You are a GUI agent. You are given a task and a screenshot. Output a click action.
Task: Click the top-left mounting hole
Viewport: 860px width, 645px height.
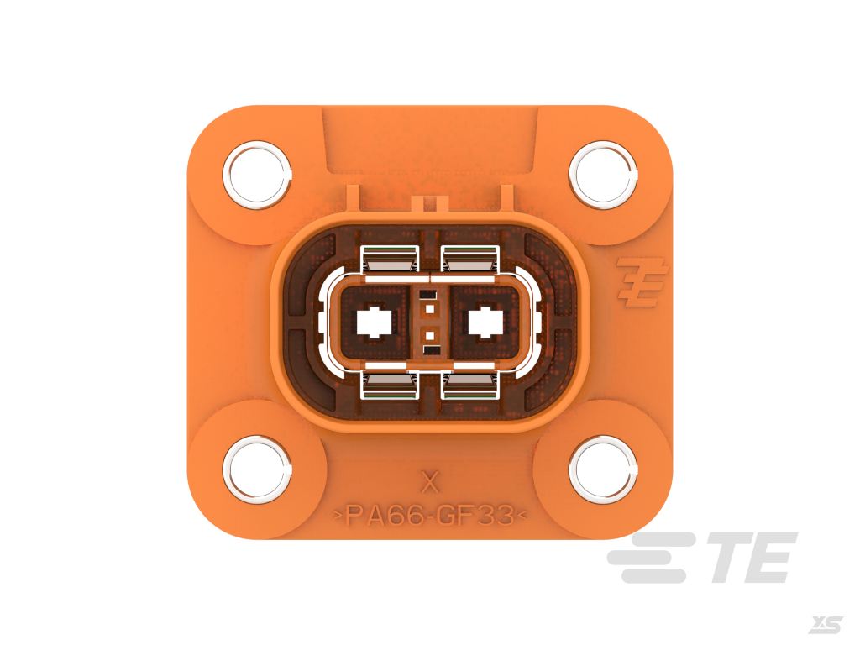coord(257,175)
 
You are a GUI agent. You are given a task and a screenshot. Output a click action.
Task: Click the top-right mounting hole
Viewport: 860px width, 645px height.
coord(603,175)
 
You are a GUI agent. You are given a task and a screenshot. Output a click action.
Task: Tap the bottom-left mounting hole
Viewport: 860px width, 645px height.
coord(257,469)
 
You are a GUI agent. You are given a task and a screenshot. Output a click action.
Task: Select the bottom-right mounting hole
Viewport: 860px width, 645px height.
coord(603,469)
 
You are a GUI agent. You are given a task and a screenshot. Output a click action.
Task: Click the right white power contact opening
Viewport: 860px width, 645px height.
coord(485,322)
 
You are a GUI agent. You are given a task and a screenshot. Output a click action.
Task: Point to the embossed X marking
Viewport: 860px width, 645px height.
coord(431,483)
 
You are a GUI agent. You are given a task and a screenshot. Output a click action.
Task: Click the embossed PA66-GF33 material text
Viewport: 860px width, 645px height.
coord(431,516)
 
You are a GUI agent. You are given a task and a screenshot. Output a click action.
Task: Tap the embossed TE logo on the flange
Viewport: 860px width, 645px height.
coord(642,281)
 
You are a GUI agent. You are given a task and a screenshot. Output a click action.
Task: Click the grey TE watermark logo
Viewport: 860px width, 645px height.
coord(701,558)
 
